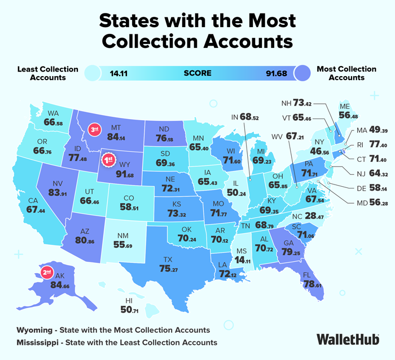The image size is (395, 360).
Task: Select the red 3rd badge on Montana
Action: click(x=96, y=130)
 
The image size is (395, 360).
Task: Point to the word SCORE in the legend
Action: click(x=197, y=73)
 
